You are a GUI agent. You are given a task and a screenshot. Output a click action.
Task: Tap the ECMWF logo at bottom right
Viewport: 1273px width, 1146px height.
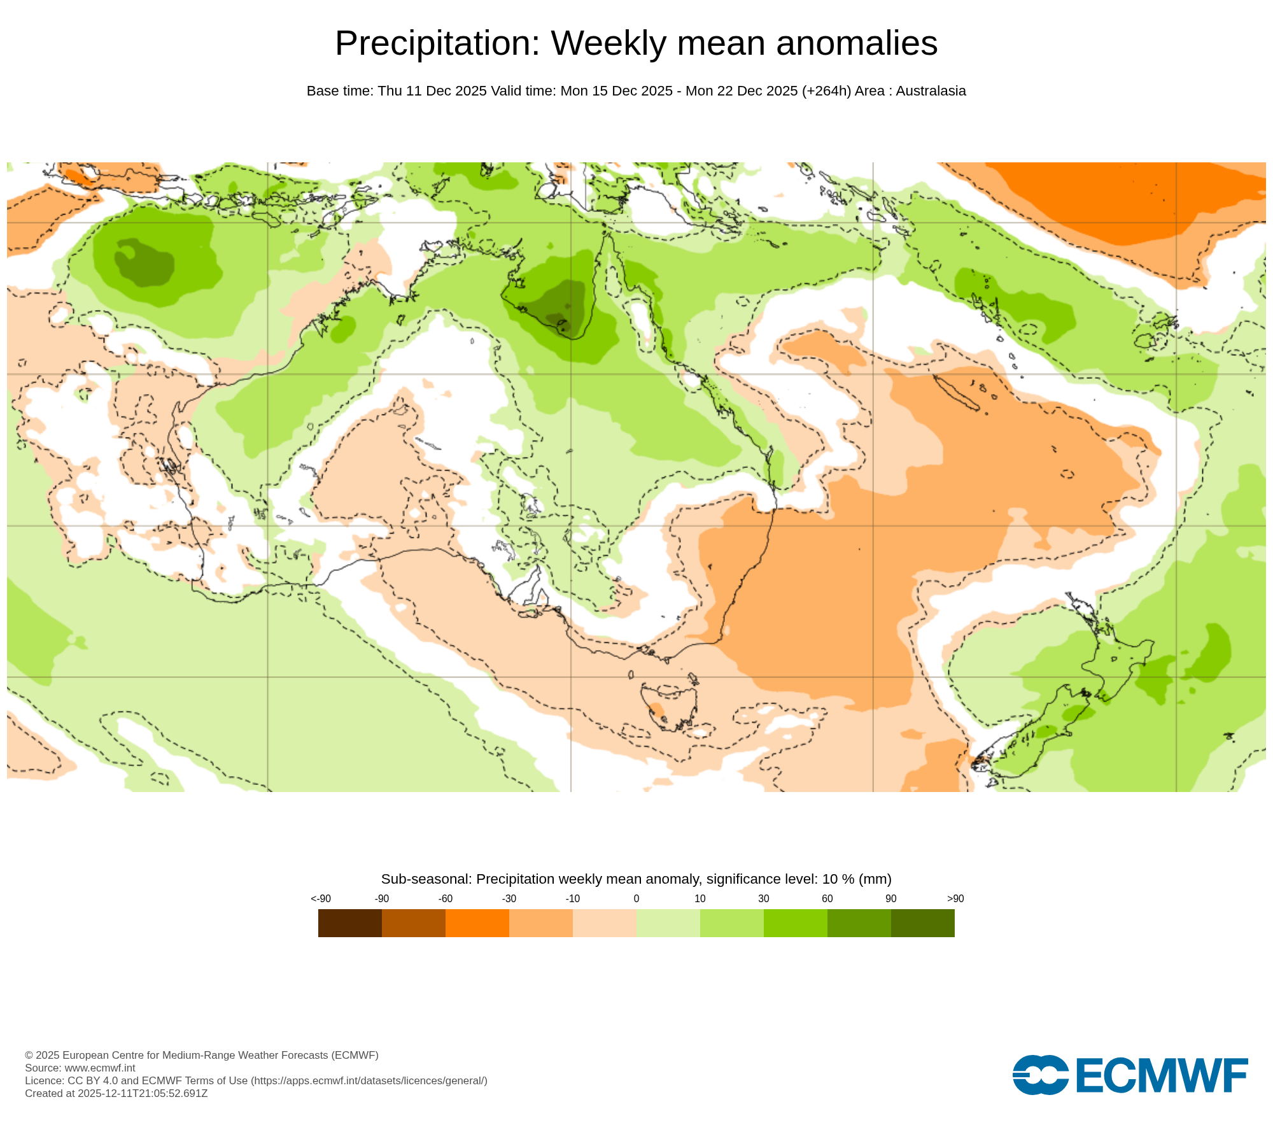point(1130,1075)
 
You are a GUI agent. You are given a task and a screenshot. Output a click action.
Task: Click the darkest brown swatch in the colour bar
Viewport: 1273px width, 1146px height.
point(349,923)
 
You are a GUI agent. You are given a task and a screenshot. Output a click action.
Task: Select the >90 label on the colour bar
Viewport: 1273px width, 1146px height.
point(955,898)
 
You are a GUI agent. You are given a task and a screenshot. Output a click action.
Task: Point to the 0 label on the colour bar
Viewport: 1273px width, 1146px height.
point(636,898)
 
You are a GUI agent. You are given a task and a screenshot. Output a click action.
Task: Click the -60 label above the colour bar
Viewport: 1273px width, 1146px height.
point(445,898)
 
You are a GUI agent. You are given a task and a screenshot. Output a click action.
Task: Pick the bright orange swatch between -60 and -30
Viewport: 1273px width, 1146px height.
point(477,923)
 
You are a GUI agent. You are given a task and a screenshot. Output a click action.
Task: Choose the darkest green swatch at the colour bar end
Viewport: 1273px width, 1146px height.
point(922,923)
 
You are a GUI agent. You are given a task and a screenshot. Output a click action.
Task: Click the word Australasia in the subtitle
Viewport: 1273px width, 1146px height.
point(931,91)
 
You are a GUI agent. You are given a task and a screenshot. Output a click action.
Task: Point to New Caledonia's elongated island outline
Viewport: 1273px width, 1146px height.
point(956,393)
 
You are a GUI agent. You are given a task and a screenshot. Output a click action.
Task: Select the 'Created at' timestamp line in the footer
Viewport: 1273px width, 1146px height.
point(116,1093)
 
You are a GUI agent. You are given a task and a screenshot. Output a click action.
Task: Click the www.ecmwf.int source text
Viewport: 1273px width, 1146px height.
point(100,1068)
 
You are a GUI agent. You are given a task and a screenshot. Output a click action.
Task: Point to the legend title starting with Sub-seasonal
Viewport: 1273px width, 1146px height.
point(636,879)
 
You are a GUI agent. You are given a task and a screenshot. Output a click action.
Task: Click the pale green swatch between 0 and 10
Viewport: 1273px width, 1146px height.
point(668,923)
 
